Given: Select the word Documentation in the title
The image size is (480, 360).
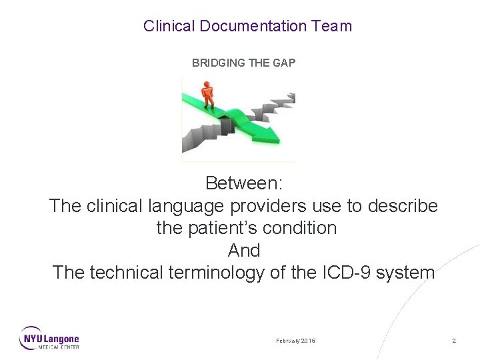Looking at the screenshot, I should [253, 26].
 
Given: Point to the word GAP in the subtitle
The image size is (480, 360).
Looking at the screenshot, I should [283, 63].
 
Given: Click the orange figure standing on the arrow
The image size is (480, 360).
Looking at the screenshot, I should [209, 94].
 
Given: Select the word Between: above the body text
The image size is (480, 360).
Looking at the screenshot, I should [243, 183].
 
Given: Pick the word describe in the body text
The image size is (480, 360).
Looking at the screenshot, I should [406, 205].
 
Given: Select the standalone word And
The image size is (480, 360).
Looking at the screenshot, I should [243, 251].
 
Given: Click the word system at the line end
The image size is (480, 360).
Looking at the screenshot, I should [407, 273].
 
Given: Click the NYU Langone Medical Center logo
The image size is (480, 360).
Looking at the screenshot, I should [49, 338].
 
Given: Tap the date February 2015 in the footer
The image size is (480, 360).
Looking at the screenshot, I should [296, 341].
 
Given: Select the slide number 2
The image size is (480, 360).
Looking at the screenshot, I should [454, 341].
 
